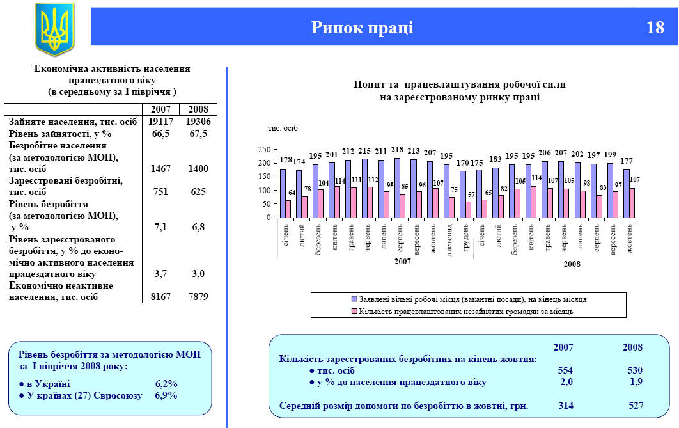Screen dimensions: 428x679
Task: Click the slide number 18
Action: pyautogui.click(x=655, y=28)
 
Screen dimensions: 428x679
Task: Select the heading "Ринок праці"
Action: pyautogui.click(x=362, y=28)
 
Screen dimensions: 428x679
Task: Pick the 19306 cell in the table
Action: pyautogui.click(x=198, y=121)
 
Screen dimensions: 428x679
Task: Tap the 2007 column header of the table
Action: pyautogui.click(x=160, y=109)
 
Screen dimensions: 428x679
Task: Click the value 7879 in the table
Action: pyautogui.click(x=198, y=297)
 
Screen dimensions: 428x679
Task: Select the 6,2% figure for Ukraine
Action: pyautogui.click(x=166, y=384)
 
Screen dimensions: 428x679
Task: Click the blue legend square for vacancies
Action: pyautogui.click(x=354, y=299)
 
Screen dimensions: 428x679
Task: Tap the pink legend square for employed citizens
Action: pyautogui.click(x=354, y=312)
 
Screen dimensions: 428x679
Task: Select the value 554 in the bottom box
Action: pyautogui.click(x=565, y=370)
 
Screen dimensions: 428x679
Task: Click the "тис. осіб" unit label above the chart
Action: pyautogui.click(x=282, y=128)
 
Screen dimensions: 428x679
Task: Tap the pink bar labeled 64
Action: pyautogui.click(x=288, y=209)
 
